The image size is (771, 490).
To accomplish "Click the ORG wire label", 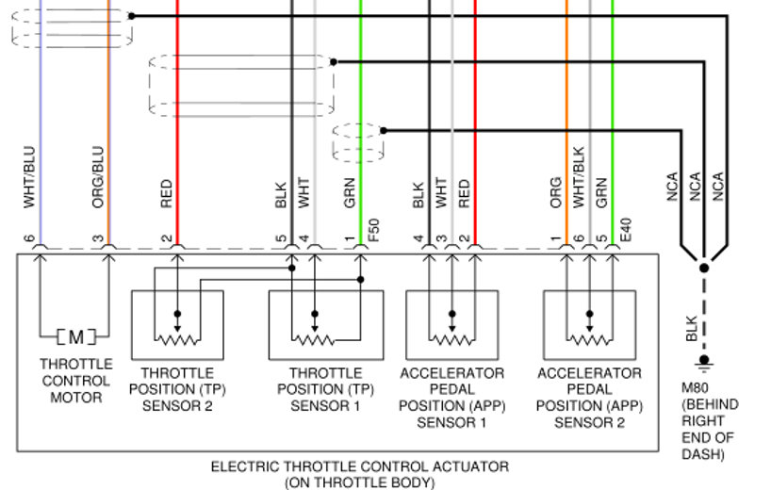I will pos(556,192).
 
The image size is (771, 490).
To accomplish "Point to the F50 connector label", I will pos(373,229).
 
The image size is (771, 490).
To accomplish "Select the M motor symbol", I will pos(75,335).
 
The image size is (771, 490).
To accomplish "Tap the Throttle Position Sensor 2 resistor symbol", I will pos(177,337).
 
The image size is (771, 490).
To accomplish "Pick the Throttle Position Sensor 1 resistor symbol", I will pos(315,337).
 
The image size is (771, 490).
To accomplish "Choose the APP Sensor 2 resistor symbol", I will pos(590,337).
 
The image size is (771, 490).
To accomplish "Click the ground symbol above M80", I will pos(703,362).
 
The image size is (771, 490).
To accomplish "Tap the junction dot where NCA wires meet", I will pos(703,268).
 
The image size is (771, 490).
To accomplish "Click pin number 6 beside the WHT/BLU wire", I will pos(29,239).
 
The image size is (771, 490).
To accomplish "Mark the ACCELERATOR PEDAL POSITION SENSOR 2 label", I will pos(590,398).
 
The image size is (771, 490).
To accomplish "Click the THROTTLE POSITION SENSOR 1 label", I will pos(324,390).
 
